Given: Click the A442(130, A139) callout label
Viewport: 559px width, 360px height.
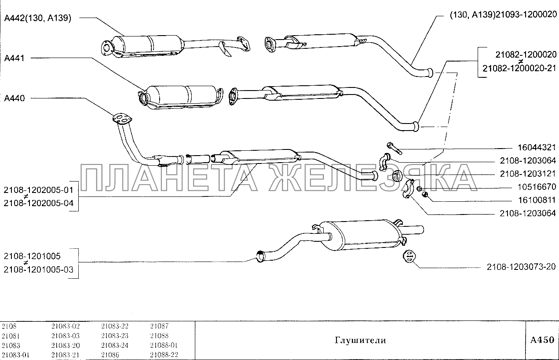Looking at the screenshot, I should click(37, 18).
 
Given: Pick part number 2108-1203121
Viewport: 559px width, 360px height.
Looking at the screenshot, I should click(527, 174).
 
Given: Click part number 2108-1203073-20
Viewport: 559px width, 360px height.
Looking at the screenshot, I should click(521, 266).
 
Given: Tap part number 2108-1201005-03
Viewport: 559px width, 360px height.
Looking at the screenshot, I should click(39, 269).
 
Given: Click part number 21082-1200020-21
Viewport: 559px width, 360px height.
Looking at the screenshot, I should click(519, 69).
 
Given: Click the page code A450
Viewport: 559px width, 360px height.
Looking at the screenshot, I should click(542, 340).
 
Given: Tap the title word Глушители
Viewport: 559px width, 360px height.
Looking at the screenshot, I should click(360, 340).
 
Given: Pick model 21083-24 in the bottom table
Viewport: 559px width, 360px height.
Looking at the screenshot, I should click(115, 345).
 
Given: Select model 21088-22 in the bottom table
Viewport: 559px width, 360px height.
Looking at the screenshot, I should click(164, 355).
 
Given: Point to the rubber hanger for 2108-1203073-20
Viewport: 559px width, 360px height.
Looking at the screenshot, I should click(409, 257).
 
